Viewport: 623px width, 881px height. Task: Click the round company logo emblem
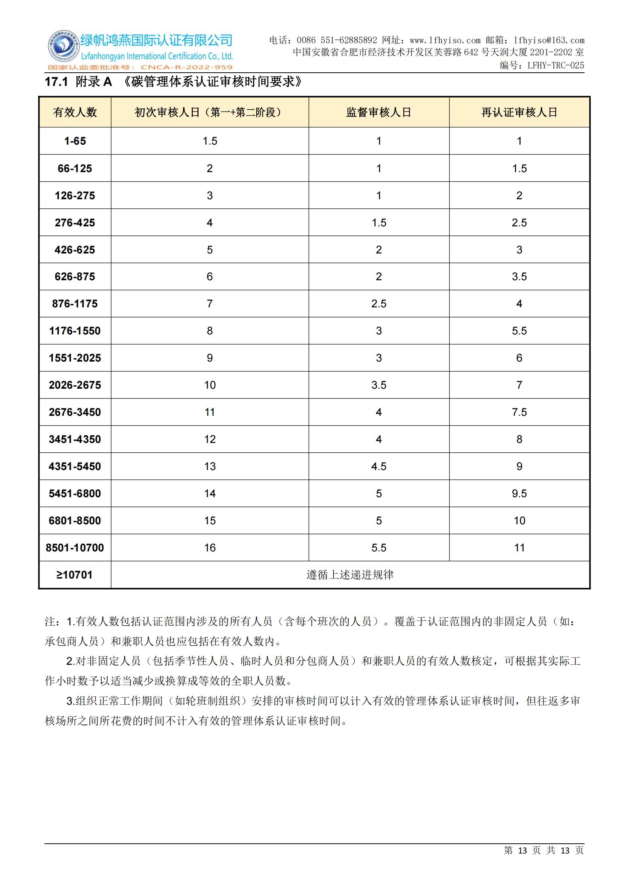(x=62, y=47)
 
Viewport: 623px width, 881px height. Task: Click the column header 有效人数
(x=75, y=112)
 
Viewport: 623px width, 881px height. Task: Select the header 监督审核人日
(x=379, y=112)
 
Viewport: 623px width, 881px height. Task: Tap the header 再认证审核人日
(x=519, y=112)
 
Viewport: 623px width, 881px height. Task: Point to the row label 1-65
(x=75, y=141)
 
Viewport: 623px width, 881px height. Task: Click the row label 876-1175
(x=75, y=304)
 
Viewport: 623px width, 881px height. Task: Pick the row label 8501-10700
(x=75, y=548)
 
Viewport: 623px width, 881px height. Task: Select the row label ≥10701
(x=75, y=575)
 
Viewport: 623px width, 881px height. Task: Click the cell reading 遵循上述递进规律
(x=350, y=575)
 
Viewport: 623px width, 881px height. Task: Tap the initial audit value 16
(x=210, y=548)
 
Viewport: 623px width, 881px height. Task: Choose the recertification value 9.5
(x=519, y=493)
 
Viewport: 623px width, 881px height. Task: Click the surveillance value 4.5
(x=379, y=467)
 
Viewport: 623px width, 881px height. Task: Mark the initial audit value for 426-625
(x=210, y=250)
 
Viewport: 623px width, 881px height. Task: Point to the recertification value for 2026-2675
(x=519, y=385)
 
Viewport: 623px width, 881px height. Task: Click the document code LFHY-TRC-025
(x=556, y=66)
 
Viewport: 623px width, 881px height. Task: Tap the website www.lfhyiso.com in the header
(x=444, y=40)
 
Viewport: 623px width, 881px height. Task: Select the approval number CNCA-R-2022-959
(x=187, y=67)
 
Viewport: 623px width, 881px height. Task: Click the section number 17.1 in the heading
(x=56, y=82)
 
